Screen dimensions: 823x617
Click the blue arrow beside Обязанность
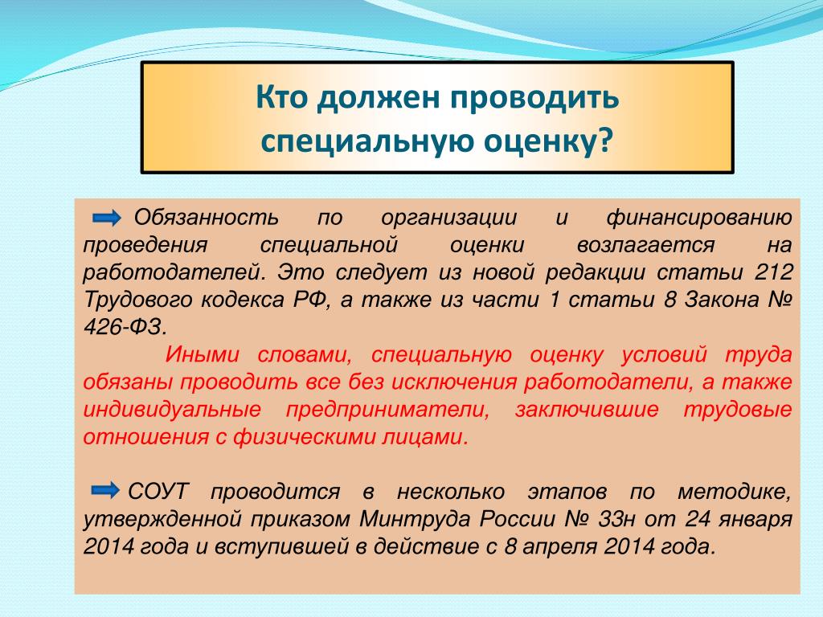(x=107, y=217)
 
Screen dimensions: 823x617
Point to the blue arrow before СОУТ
(x=105, y=491)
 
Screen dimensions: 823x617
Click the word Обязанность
(x=206, y=217)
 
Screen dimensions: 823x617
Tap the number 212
(x=774, y=272)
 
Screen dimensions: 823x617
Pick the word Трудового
(x=137, y=300)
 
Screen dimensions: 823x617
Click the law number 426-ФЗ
(x=125, y=328)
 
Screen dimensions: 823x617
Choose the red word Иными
(x=202, y=354)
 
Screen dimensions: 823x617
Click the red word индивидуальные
(x=172, y=410)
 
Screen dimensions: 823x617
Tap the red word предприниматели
(x=388, y=410)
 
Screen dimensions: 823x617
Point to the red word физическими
(x=299, y=437)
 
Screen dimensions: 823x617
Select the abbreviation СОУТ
(x=158, y=492)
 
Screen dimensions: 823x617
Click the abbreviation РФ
(x=312, y=300)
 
